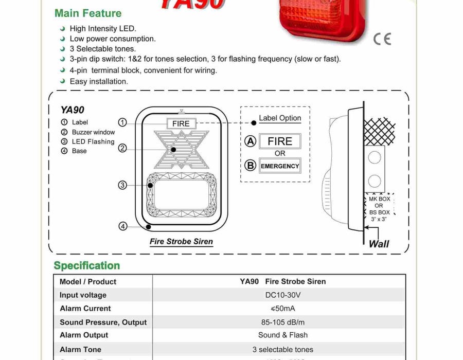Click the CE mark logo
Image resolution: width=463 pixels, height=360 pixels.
coord(382,39)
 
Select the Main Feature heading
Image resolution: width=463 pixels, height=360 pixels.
coord(88,13)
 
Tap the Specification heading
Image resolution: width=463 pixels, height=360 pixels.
coord(87,265)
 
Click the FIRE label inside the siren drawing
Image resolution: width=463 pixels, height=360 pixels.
coord(181,123)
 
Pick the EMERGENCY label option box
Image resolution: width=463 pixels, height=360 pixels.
coord(280,166)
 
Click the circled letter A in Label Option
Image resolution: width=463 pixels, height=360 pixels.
coord(251,141)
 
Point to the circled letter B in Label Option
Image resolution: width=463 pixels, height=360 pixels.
coord(251,166)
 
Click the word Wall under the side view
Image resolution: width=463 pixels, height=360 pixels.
coord(379,244)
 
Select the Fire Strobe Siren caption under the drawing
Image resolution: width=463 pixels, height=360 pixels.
coord(181,241)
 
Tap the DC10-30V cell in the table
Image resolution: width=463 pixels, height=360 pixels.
coord(283,295)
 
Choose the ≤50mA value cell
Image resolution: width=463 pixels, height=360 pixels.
coord(283,309)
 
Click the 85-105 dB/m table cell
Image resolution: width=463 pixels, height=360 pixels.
coord(283,322)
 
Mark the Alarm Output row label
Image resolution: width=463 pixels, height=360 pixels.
coord(84,335)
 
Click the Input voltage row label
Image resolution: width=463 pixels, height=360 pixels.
coord(83,295)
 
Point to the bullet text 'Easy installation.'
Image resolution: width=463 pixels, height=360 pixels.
coord(99,81)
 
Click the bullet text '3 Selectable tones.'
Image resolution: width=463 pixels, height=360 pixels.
coord(102,49)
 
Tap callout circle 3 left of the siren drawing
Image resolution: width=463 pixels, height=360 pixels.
coord(122,185)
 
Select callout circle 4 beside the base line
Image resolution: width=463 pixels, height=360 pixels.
coord(122,226)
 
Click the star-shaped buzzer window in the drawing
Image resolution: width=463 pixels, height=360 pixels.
coord(181,149)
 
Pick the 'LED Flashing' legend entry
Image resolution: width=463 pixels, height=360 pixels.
coord(93,141)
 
